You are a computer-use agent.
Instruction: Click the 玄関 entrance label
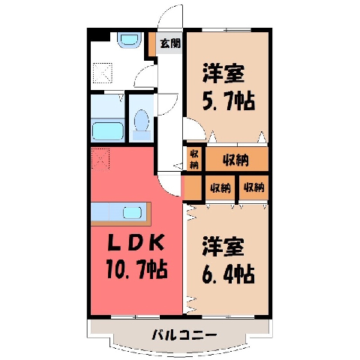coord(170,43)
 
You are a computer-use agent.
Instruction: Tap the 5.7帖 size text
coord(228,101)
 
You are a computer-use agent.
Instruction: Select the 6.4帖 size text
coord(228,274)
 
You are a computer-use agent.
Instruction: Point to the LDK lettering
coord(136,243)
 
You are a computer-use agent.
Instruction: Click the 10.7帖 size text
coord(136,269)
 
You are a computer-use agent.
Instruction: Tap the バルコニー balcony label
coord(184,334)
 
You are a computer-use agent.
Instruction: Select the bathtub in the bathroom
coord(108,130)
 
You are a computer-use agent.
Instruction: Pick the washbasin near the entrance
coord(130,40)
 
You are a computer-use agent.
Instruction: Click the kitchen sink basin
coord(132,213)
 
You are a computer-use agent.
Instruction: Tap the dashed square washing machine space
coord(103,73)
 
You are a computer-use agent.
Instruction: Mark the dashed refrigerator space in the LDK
coord(100,159)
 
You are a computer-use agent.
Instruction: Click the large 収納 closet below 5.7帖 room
coord(237,159)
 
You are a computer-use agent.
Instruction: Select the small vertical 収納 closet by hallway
coord(194,159)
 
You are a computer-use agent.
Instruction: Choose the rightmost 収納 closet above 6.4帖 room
coord(253,187)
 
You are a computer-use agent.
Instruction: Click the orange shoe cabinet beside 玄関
coord(152,44)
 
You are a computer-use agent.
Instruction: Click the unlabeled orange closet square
coord(193,187)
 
